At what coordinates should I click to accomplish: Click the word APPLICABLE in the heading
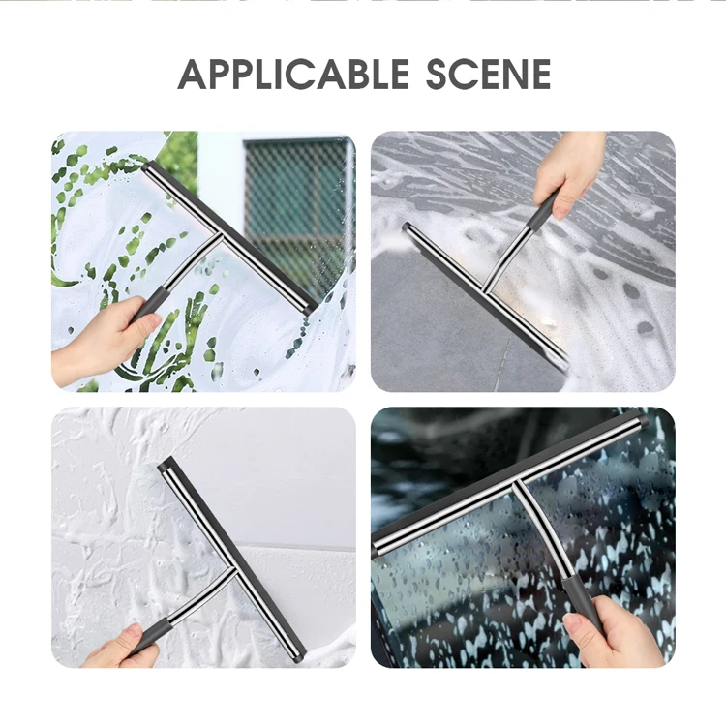[x=293, y=75]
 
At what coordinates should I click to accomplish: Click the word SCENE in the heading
[x=488, y=75]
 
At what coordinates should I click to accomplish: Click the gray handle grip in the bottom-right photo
[x=581, y=603]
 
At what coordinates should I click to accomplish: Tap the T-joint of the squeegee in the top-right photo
[x=486, y=288]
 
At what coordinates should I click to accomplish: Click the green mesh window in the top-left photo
[x=298, y=207]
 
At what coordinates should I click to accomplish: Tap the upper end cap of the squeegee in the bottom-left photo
[x=166, y=465]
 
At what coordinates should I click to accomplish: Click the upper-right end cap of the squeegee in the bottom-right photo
[x=641, y=420]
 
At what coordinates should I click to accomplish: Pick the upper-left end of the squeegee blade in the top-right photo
[x=407, y=227]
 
